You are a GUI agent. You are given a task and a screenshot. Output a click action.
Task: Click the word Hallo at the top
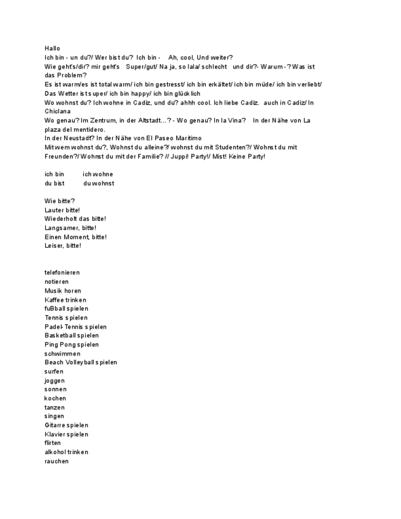[x=53, y=48]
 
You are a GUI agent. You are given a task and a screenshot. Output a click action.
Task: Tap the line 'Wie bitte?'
[x=60, y=201]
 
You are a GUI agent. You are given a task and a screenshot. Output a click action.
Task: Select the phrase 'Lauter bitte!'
[x=62, y=210]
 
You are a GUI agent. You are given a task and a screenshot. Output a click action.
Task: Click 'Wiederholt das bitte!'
[x=75, y=218]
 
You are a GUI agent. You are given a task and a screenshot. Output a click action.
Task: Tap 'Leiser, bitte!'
[x=63, y=245]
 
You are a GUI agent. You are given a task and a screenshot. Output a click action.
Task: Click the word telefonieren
[x=62, y=272]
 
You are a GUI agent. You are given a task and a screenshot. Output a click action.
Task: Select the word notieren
[x=57, y=282]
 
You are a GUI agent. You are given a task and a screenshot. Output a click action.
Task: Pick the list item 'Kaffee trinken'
[x=66, y=300]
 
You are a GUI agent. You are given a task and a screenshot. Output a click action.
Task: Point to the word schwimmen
[x=62, y=354]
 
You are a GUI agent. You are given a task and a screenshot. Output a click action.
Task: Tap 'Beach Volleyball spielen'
[x=81, y=362]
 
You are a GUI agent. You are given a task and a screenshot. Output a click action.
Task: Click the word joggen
[x=54, y=381]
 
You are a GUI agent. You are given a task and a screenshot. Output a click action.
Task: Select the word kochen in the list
[x=56, y=398]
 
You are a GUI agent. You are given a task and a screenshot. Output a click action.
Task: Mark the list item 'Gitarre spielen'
[x=67, y=425]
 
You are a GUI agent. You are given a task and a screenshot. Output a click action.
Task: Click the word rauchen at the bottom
[x=57, y=461]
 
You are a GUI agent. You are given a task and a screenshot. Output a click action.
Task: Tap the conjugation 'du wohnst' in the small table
[x=99, y=183]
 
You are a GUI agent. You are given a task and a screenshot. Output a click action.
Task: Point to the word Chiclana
[x=58, y=111]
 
